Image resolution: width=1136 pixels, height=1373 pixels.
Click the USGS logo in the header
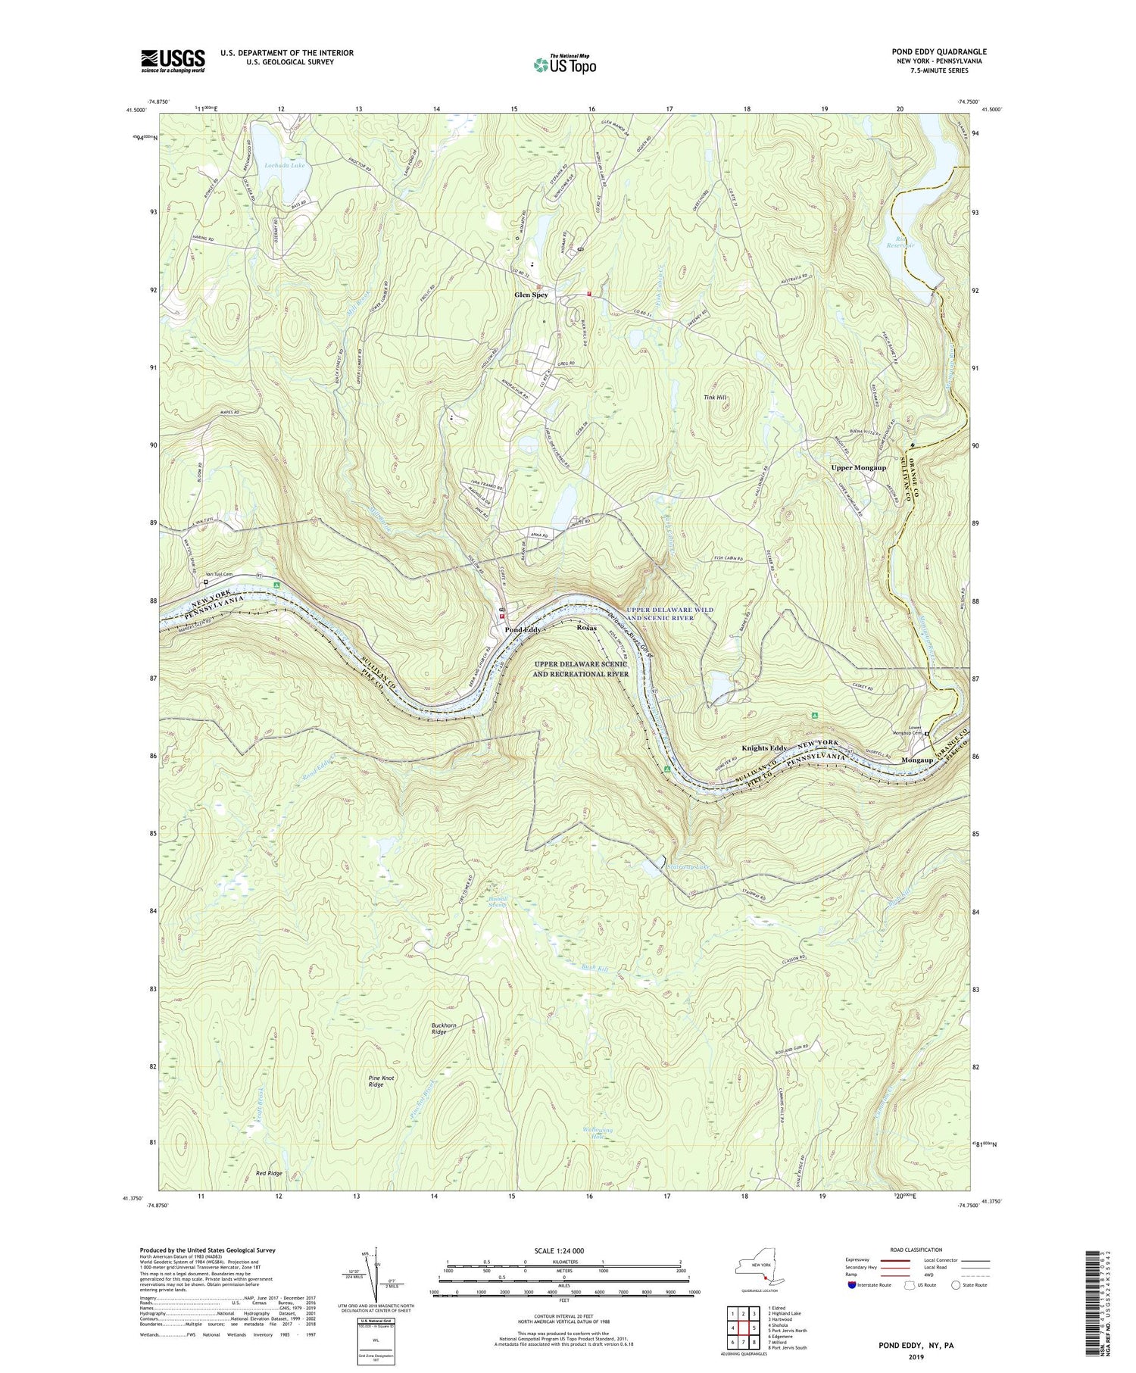173,61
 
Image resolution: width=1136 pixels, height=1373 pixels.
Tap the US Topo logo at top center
564,64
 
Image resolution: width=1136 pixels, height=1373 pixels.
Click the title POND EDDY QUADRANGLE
938,51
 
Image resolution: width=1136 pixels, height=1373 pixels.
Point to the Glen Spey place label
531,295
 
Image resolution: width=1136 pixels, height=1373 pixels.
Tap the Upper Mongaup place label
858,467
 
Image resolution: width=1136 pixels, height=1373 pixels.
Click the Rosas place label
587,629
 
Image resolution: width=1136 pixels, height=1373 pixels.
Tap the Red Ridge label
269,1173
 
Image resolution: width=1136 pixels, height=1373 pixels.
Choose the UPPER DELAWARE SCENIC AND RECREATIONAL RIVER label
580,668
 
